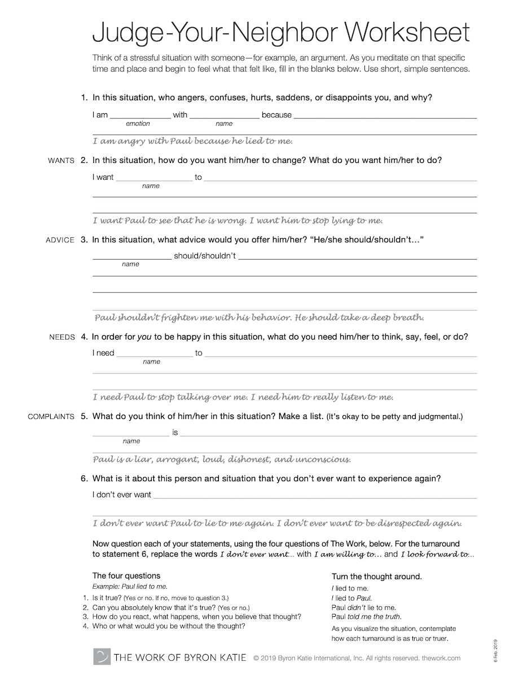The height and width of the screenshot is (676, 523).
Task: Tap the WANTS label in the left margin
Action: point(61,161)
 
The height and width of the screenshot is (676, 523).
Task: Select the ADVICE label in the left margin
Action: point(60,240)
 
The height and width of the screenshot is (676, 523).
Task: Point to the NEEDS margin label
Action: point(62,337)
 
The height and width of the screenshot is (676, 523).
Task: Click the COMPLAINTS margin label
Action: point(51,417)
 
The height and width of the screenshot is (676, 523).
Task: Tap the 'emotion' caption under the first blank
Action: point(138,123)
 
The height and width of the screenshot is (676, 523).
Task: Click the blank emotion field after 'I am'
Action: point(140,115)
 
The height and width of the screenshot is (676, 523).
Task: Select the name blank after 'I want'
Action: point(153,178)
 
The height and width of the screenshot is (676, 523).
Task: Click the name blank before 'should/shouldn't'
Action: point(131,257)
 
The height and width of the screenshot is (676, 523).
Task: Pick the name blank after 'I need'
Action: point(154,354)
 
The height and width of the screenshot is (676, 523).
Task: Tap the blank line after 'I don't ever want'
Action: point(315,496)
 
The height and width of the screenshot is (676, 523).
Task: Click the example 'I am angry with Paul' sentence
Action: point(192,141)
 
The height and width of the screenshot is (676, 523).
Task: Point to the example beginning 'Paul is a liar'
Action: point(222,459)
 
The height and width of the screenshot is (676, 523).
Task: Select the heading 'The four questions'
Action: point(126,576)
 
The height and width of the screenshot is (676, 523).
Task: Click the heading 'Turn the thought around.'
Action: point(377,577)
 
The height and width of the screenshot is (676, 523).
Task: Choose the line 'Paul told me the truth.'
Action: point(367,617)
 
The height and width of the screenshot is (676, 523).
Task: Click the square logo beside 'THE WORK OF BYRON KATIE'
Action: point(102,657)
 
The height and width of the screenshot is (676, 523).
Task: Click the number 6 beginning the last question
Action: point(83,479)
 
